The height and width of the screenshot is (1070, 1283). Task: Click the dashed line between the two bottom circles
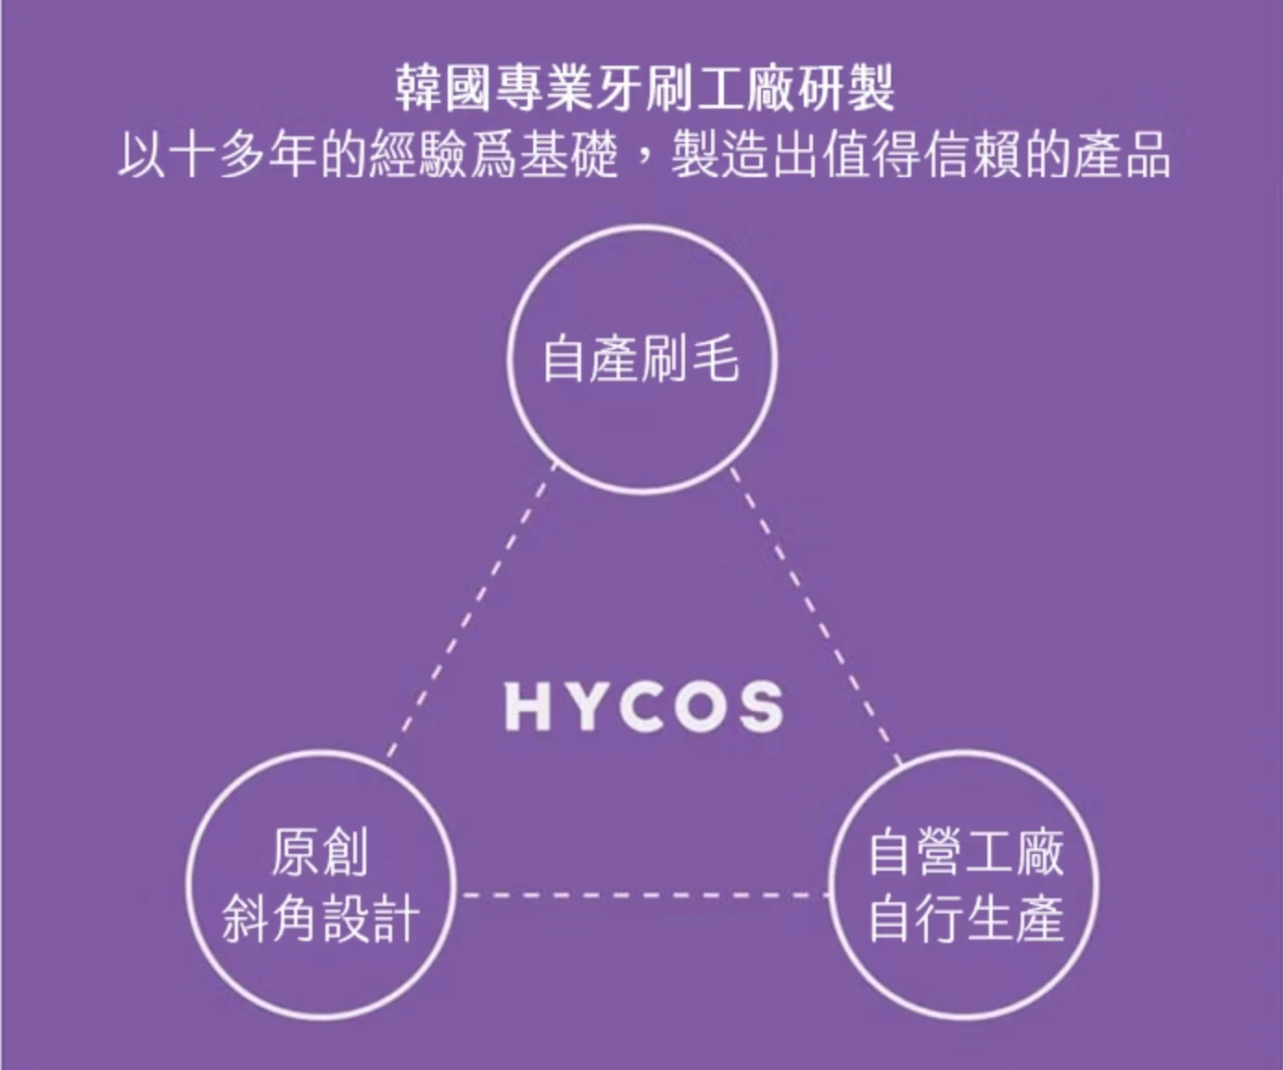[644, 896]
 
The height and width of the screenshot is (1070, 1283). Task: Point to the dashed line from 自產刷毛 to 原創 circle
[471, 611]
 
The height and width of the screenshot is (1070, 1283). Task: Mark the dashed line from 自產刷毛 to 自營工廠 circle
[816, 616]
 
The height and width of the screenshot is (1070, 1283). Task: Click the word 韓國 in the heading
[445, 90]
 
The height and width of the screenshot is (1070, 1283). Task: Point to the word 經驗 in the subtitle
[418, 156]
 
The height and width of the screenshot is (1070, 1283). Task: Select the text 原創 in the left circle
[320, 852]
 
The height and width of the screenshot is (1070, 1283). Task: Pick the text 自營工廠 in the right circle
[966, 852]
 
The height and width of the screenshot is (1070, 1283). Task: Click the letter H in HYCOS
[527, 707]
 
